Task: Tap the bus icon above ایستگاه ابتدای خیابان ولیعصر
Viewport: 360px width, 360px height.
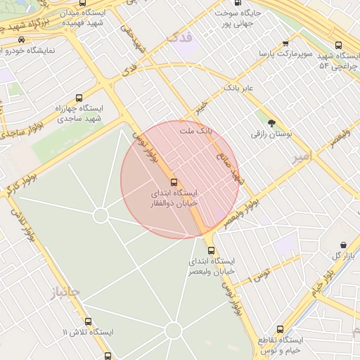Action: point(210,250)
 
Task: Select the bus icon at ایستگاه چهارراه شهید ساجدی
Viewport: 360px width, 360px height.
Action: point(78,98)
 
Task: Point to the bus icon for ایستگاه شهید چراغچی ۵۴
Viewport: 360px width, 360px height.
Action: point(340,43)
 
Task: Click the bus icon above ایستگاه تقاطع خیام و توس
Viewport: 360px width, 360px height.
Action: point(280,330)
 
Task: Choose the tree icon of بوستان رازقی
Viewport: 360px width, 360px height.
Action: point(271,123)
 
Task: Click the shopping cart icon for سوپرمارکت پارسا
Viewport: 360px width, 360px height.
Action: point(284,41)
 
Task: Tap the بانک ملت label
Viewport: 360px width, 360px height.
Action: point(195,131)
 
